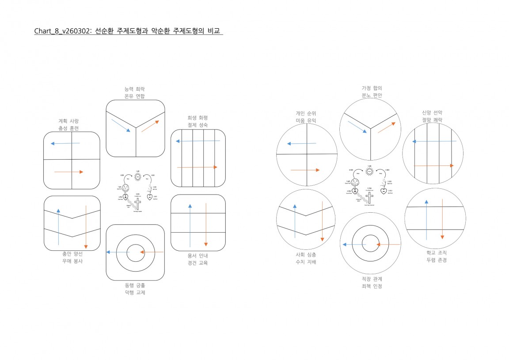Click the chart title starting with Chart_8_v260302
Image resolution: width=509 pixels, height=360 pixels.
click(x=129, y=31)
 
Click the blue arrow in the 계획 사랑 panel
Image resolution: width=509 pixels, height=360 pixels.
click(x=65, y=143)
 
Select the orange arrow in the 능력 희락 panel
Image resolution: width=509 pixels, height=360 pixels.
click(x=150, y=126)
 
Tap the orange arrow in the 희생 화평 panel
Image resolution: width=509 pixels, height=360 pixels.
click(x=197, y=167)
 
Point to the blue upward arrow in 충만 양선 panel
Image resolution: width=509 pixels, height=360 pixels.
click(x=58, y=226)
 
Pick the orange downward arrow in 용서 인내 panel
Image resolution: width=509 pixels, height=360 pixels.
click(x=206, y=225)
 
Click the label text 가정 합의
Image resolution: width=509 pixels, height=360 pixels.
click(x=371, y=88)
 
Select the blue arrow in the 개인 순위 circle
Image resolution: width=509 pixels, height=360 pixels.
click(x=301, y=143)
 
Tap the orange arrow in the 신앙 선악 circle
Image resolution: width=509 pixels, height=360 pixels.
click(x=433, y=165)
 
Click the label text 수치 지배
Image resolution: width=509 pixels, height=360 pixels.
click(x=306, y=262)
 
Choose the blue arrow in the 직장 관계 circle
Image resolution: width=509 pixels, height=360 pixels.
click(x=352, y=244)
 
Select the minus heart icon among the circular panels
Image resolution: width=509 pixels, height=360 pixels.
click(x=384, y=191)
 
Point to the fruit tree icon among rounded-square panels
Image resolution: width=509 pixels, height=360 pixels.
click(x=125, y=187)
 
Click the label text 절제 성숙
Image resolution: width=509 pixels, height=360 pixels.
click(x=198, y=125)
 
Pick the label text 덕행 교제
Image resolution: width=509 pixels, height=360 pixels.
click(x=135, y=293)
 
